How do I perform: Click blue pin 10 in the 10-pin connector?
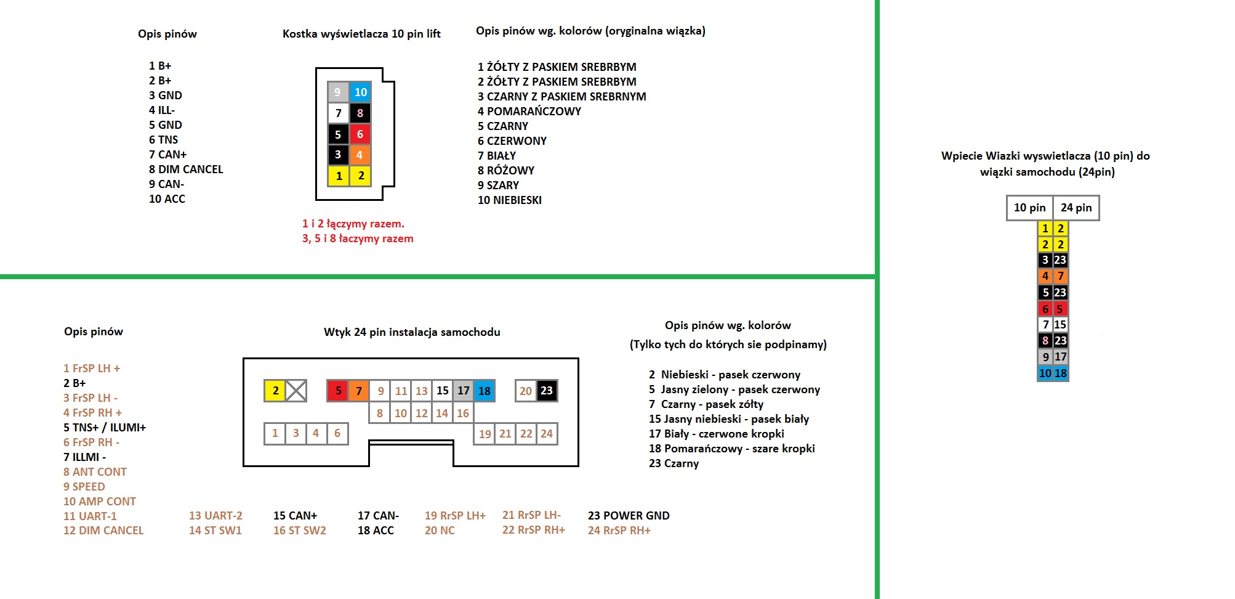361,92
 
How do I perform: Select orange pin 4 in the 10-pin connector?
360,155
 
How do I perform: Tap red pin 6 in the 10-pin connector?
360,134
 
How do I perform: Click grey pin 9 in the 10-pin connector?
337,92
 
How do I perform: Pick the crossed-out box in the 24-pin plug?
296,391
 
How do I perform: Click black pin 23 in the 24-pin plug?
547,391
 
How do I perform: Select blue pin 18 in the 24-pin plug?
485,391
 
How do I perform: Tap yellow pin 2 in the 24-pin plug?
275,391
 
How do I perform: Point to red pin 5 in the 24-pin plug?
338,391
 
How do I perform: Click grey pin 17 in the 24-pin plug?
464,391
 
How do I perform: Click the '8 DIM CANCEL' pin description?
186,169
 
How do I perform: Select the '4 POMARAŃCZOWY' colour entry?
529,112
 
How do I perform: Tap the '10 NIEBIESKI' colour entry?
510,200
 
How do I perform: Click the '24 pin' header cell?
1076,208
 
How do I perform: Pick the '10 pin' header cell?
1030,208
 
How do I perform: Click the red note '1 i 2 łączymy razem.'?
353,224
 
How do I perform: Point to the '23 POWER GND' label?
629,516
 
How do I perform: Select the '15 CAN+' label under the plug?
295,516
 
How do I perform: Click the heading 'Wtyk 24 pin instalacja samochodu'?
412,332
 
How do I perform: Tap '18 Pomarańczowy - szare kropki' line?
732,449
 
